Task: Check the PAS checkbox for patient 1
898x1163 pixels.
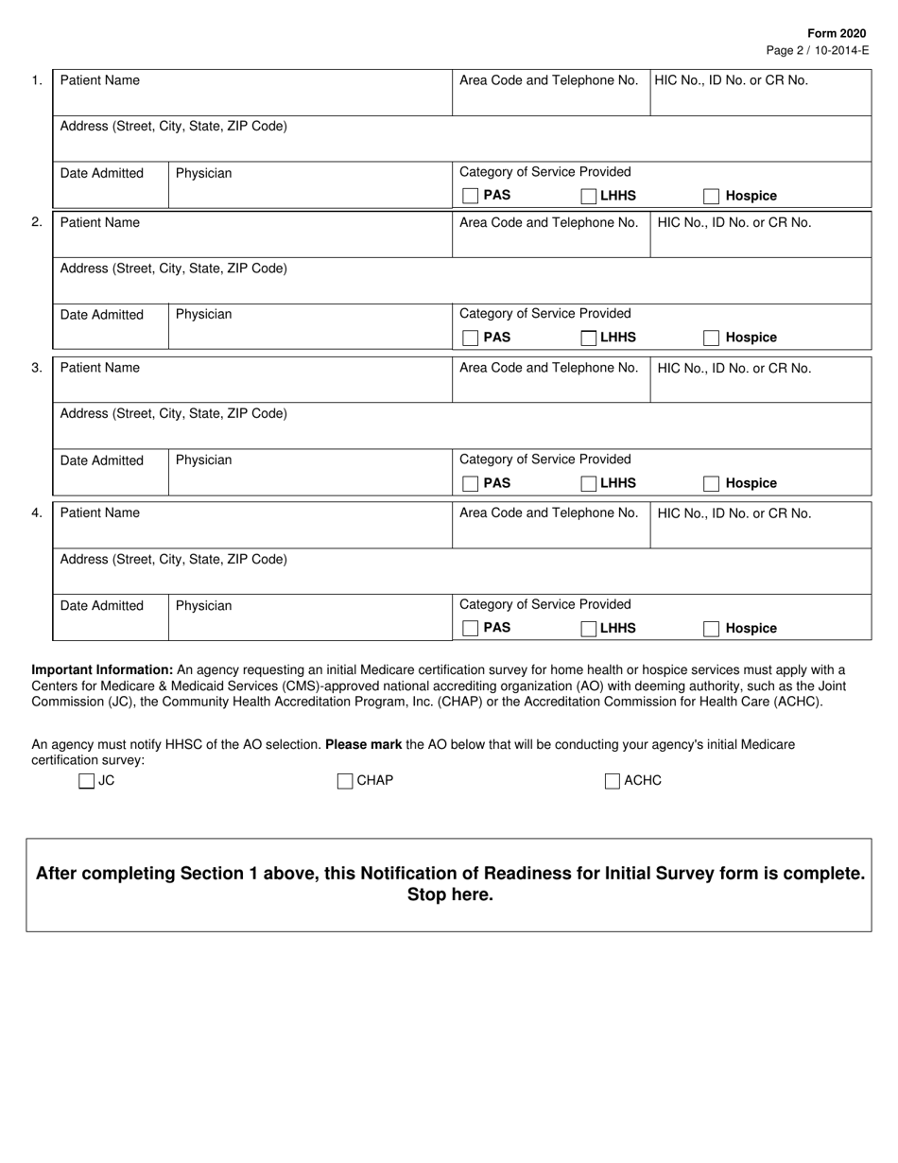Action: click(x=470, y=196)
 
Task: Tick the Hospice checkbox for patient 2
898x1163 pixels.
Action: click(x=712, y=338)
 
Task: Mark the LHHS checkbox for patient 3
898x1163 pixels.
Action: click(x=589, y=483)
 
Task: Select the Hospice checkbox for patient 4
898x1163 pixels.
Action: click(x=712, y=629)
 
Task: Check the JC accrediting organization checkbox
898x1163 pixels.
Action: click(x=87, y=781)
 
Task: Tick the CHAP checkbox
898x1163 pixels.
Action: click(x=345, y=781)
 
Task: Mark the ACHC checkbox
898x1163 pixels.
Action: click(x=613, y=781)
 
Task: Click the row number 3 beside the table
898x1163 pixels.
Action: click(x=37, y=368)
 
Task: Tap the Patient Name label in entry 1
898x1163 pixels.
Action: click(x=100, y=80)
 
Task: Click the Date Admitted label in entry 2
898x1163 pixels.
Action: click(x=102, y=315)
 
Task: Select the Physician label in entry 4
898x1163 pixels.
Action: click(x=203, y=606)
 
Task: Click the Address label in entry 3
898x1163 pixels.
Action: click(x=174, y=413)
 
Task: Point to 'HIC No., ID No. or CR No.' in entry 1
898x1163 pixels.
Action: click(x=732, y=80)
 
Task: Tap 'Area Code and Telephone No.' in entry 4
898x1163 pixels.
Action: click(x=548, y=513)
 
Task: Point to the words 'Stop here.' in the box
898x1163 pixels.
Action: click(x=450, y=895)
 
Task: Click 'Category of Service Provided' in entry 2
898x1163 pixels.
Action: click(x=544, y=313)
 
